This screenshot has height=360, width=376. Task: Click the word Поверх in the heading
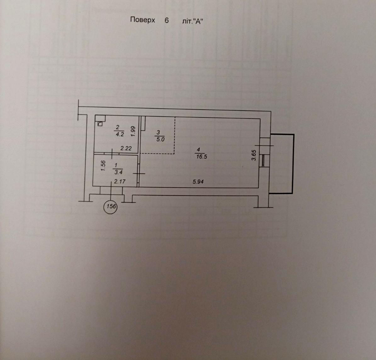point(143,20)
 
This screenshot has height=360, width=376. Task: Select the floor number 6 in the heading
point(167,20)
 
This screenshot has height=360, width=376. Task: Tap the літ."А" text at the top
point(193,21)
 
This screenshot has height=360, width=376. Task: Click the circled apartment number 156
point(111,206)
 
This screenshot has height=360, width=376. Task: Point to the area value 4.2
point(120,134)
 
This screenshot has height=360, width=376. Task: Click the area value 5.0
point(160,139)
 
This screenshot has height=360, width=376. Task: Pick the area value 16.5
point(201,157)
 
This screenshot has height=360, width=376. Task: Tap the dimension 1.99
point(133,132)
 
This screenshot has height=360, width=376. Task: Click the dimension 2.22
point(126,149)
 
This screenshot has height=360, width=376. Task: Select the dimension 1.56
point(103,166)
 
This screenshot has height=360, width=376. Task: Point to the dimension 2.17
point(120,182)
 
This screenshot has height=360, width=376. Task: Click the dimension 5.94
point(198,182)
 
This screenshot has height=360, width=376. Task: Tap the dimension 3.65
point(255,155)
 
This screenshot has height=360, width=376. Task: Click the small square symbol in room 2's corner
point(100,124)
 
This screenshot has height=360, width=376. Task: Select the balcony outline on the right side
point(293,164)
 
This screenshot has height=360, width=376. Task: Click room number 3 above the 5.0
point(158,132)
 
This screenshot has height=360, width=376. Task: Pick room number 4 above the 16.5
point(198,150)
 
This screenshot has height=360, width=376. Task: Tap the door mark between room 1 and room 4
point(139,173)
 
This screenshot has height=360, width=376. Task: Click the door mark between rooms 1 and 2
point(112,154)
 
